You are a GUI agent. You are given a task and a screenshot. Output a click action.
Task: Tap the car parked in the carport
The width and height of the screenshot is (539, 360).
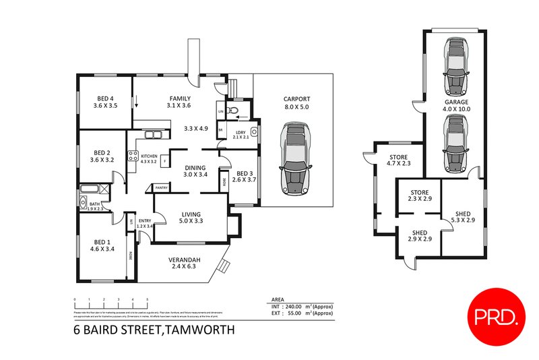294,158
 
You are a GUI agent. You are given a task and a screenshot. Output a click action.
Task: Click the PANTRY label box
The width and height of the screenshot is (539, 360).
161,188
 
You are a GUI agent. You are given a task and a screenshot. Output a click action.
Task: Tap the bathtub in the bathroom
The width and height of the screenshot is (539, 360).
89,189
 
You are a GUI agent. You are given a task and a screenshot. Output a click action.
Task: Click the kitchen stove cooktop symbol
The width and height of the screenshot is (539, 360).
133,157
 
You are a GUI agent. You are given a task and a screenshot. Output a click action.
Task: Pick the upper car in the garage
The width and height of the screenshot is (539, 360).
456,67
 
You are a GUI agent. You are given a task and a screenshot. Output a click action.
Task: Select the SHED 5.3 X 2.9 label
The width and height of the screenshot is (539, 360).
464,215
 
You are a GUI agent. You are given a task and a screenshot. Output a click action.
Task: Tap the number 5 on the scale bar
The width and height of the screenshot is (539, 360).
147,299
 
